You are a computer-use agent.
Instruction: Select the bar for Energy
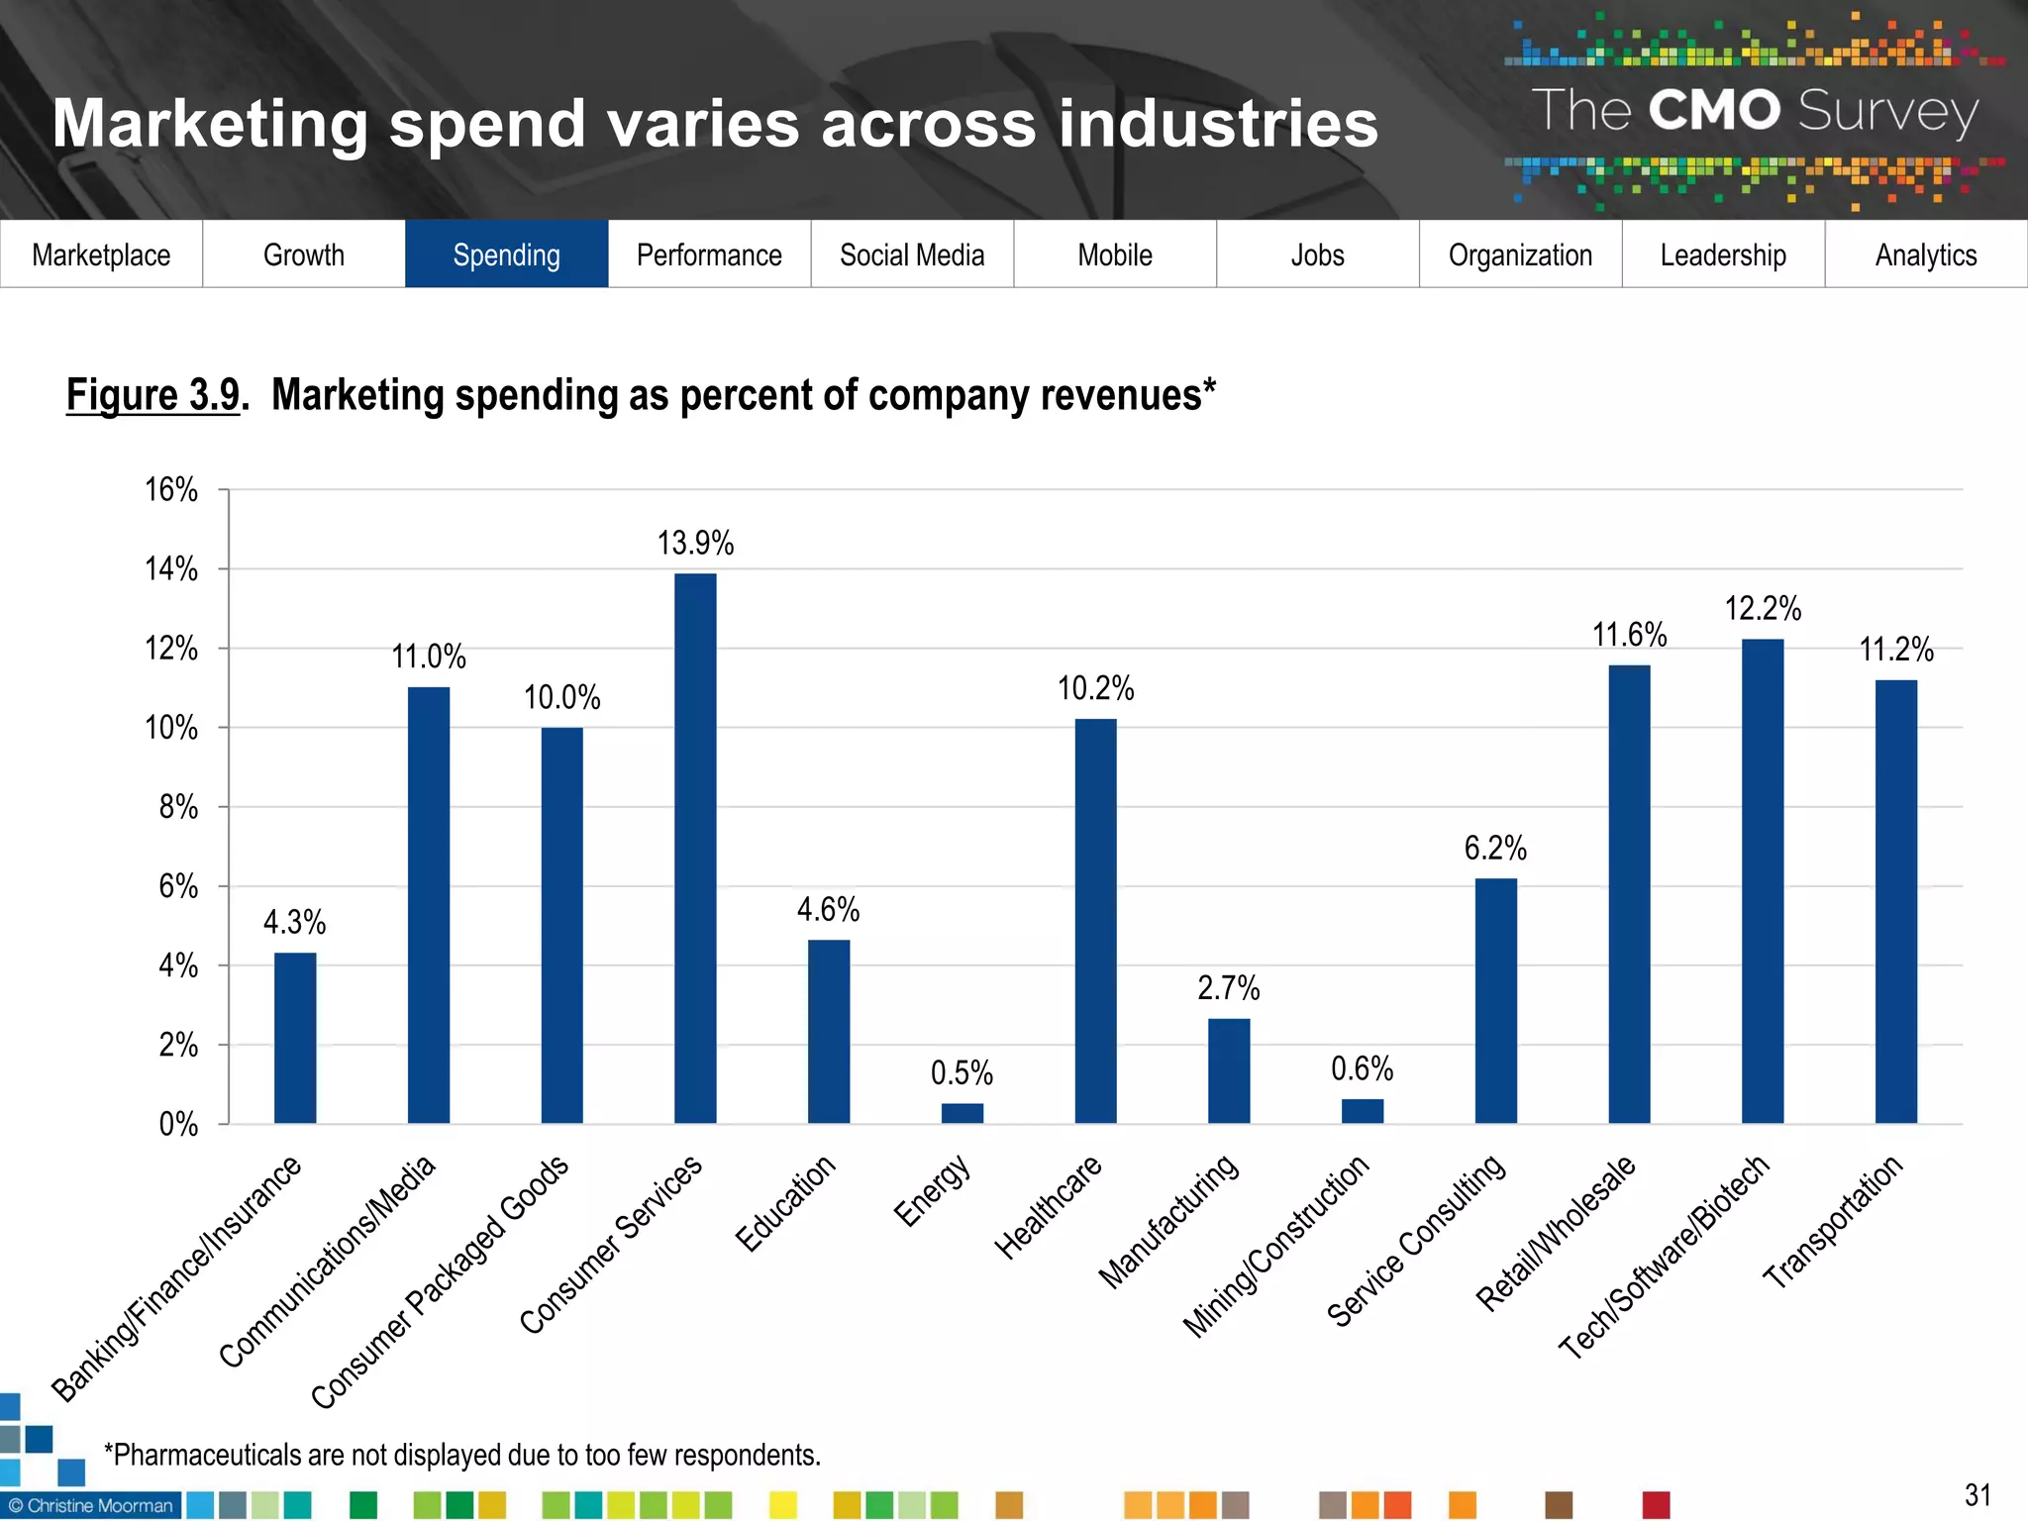click(962, 1112)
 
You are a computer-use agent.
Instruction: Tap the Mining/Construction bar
click(1362, 1110)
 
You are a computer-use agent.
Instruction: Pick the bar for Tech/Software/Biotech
click(1762, 880)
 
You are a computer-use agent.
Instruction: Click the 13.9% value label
click(695, 543)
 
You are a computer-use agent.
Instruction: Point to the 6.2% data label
click(1495, 848)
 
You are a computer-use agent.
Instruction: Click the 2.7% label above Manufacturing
click(1228, 987)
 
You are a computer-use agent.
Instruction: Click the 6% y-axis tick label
click(178, 886)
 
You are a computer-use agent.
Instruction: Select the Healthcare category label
click(1048, 1207)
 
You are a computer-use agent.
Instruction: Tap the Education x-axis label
click(785, 1203)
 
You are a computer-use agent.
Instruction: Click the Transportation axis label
click(1832, 1222)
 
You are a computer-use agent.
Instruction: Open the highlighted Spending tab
click(506, 254)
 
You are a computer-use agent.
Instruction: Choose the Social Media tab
click(912, 254)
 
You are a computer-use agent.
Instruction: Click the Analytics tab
click(1925, 254)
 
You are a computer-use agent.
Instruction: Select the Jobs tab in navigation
click(1317, 254)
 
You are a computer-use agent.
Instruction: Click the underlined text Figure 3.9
click(153, 395)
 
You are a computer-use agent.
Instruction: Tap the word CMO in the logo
click(1714, 110)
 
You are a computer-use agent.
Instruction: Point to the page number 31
click(1977, 1494)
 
